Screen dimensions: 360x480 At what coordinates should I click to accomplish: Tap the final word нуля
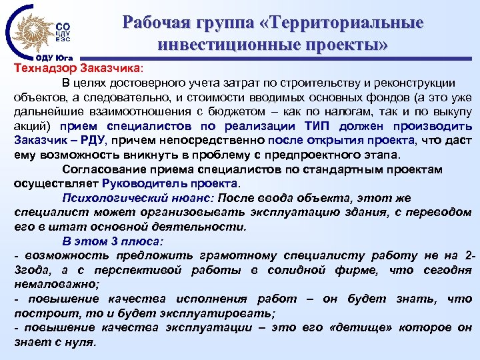point(81,343)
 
